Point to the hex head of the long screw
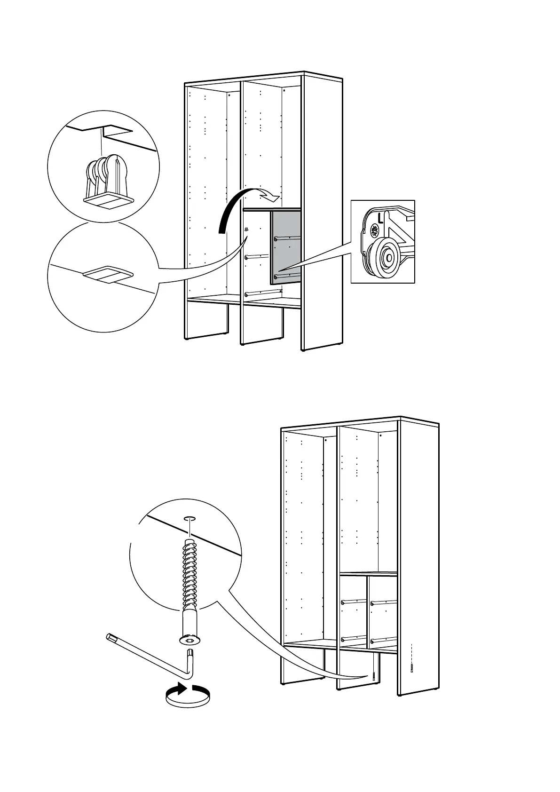(x=189, y=640)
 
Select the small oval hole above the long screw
(x=189, y=519)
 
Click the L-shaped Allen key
(x=150, y=656)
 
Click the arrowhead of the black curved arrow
(x=271, y=193)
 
